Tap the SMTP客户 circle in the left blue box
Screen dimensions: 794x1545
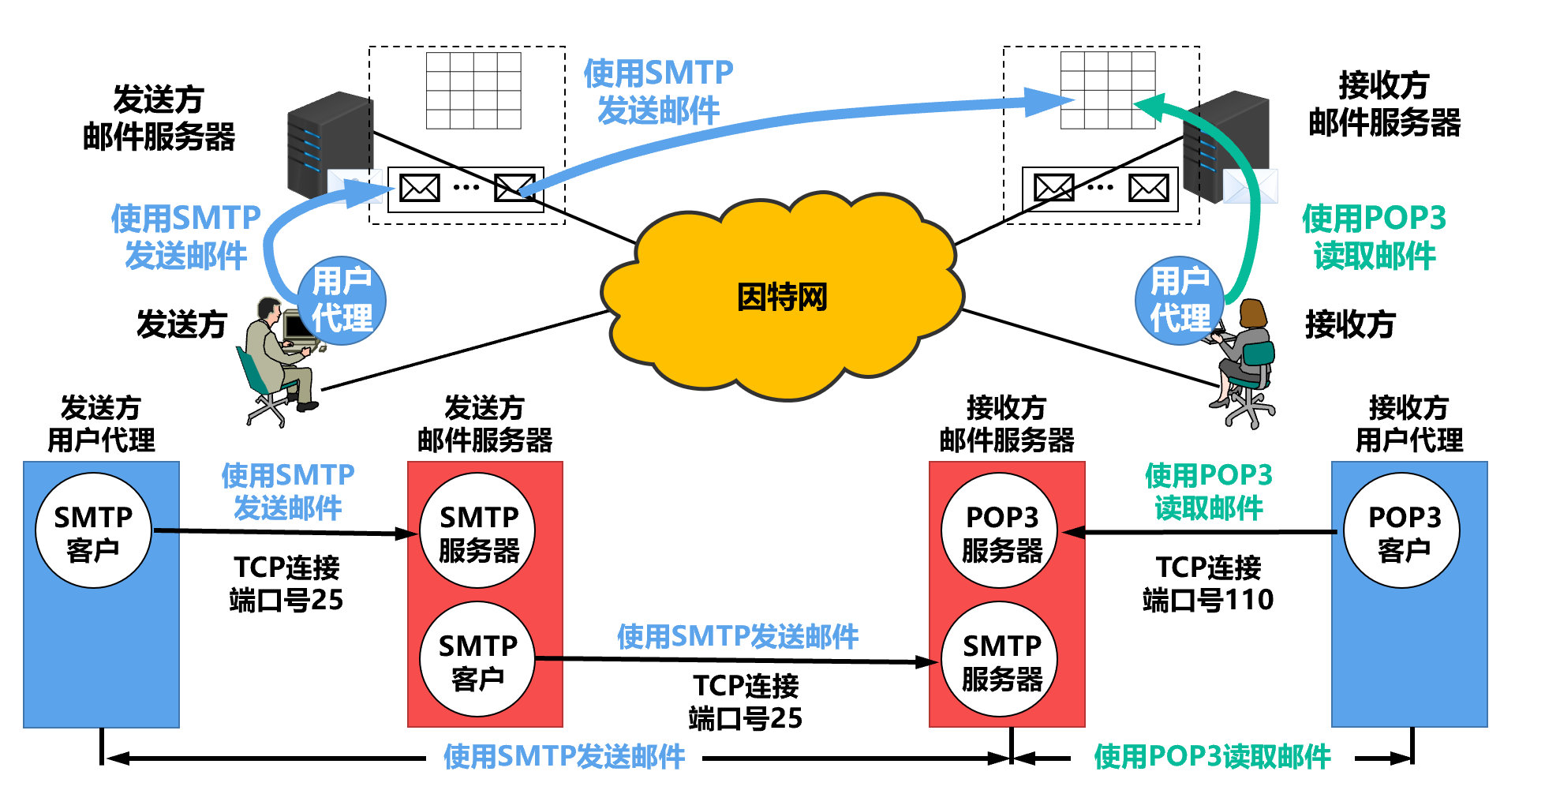coord(93,531)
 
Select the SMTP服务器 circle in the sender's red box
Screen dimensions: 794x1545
coord(478,531)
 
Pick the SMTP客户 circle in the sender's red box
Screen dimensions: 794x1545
coord(477,660)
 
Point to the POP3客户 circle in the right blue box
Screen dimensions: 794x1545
coord(1403,531)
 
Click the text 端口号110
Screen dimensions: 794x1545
coord(1208,600)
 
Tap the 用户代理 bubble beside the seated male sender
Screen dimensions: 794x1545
coord(342,300)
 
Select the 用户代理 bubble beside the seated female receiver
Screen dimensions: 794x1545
coord(1179,300)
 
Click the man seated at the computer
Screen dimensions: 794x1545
coord(276,355)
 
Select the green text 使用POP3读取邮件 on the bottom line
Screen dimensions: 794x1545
coord(1212,757)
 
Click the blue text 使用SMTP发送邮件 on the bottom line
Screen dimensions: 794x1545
coord(563,757)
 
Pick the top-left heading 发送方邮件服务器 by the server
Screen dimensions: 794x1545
coord(159,118)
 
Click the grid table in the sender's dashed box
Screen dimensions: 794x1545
coord(473,90)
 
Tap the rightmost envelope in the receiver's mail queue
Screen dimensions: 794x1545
coord(1148,189)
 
